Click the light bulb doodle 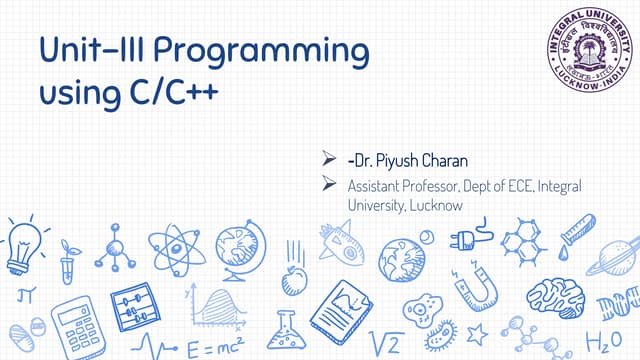point(22,242)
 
